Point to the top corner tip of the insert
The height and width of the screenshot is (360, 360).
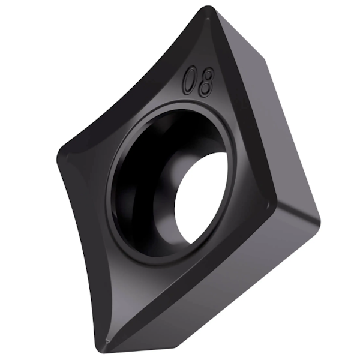click(x=206, y=10)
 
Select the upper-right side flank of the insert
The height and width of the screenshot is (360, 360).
click(x=252, y=108)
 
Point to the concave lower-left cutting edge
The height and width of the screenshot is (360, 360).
click(x=78, y=252)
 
